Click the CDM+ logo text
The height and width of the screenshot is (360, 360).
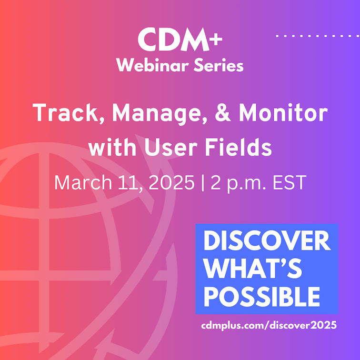(180, 40)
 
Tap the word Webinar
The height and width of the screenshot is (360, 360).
(152, 65)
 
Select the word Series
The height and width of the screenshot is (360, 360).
(219, 65)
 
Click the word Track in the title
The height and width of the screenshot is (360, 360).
(65, 112)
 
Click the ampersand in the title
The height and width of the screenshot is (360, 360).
(223, 112)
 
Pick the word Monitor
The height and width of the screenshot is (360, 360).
(283, 112)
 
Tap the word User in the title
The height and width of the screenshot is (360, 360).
(171, 147)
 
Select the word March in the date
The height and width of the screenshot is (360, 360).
(83, 182)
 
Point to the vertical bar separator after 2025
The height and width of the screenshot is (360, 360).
(202, 183)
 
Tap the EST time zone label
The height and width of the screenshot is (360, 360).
(290, 182)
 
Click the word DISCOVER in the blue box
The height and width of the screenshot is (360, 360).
(267, 240)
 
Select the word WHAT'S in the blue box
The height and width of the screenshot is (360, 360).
(252, 269)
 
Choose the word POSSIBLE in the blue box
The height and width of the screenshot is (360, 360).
(262, 296)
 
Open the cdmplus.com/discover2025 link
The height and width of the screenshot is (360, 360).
(269, 325)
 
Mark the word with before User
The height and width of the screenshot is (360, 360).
(112, 147)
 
